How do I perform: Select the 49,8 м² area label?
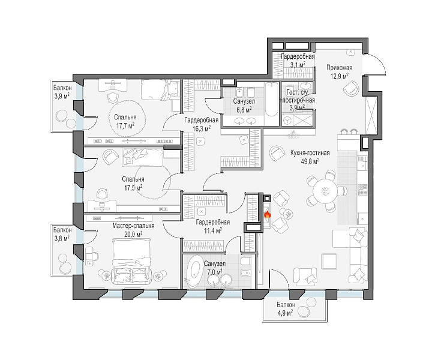[x=310, y=160]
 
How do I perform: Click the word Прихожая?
[x=340, y=67]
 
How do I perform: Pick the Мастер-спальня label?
[x=133, y=226]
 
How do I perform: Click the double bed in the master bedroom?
[x=131, y=261]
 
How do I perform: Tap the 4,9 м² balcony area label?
[x=286, y=313]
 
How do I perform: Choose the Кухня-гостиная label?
[x=310, y=153]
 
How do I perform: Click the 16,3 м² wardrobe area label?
[x=202, y=128]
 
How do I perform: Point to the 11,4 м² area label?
[x=212, y=230]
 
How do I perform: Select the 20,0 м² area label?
[x=133, y=234]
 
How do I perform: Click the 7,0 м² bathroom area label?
[x=215, y=272]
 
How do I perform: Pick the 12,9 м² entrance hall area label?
[x=340, y=76]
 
